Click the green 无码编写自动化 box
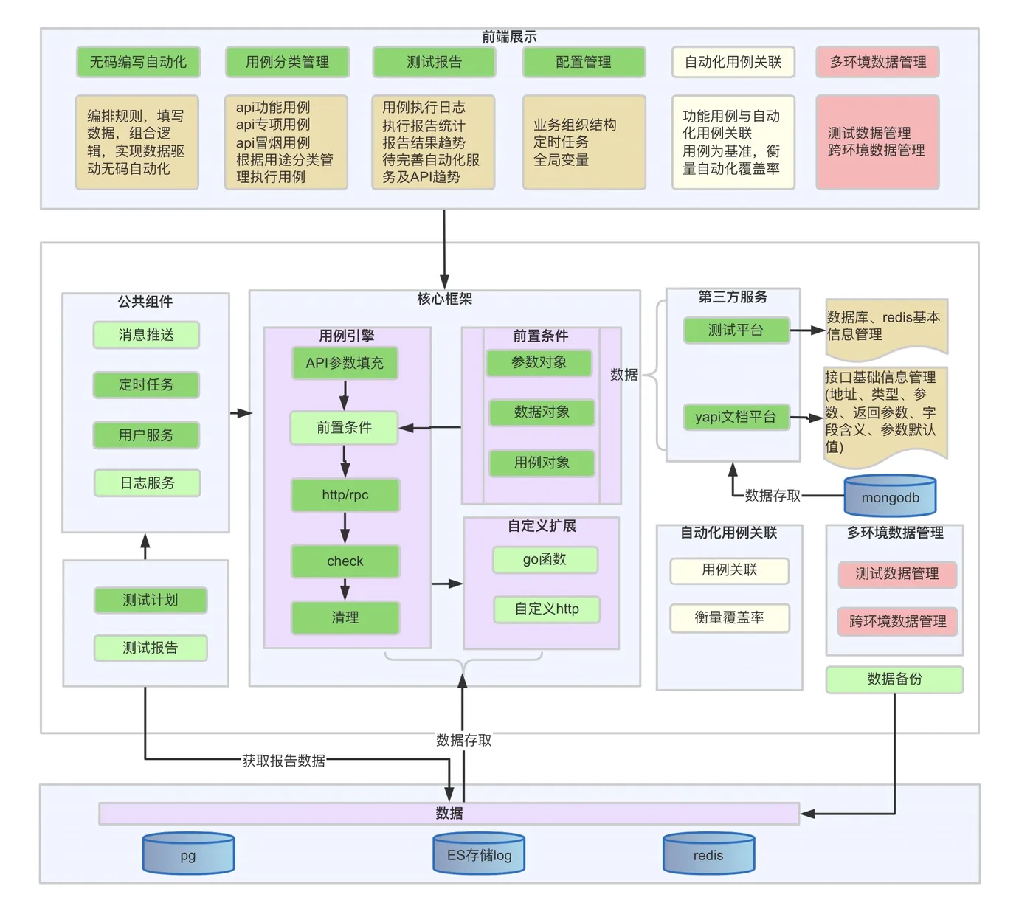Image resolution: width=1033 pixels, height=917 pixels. tap(138, 62)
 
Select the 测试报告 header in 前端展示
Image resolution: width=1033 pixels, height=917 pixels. tap(434, 62)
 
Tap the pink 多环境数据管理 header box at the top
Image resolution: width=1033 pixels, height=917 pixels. tap(877, 62)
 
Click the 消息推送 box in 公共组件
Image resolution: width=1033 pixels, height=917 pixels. tap(146, 335)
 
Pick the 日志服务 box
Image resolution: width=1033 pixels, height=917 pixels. tap(147, 483)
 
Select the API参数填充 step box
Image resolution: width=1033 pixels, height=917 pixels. tap(345, 363)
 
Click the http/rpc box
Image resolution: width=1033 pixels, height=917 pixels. tap(345, 495)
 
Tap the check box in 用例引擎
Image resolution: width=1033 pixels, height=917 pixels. tap(345, 561)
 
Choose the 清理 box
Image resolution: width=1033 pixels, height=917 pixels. tap(345, 617)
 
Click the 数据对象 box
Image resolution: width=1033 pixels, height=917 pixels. tap(542, 412)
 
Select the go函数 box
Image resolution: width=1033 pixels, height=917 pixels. tap(545, 560)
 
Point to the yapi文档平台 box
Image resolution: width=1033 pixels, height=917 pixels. tap(736, 417)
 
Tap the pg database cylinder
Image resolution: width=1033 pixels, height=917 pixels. tap(188, 854)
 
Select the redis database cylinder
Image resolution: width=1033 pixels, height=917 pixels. tap(708, 854)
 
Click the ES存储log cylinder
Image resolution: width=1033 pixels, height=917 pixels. tap(479, 854)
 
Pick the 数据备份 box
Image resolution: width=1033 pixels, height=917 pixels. tap(894, 679)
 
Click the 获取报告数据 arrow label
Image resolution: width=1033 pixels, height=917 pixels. tap(283, 760)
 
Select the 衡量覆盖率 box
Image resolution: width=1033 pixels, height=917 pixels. tap(729, 618)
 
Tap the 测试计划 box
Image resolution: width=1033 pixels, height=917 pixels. tap(150, 600)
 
